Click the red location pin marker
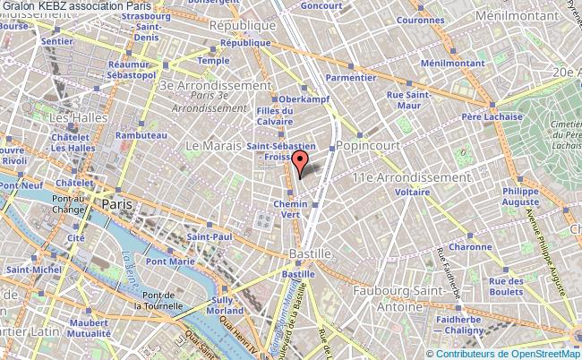point(301,161)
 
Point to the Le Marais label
point(214,145)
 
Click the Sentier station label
point(56,41)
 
